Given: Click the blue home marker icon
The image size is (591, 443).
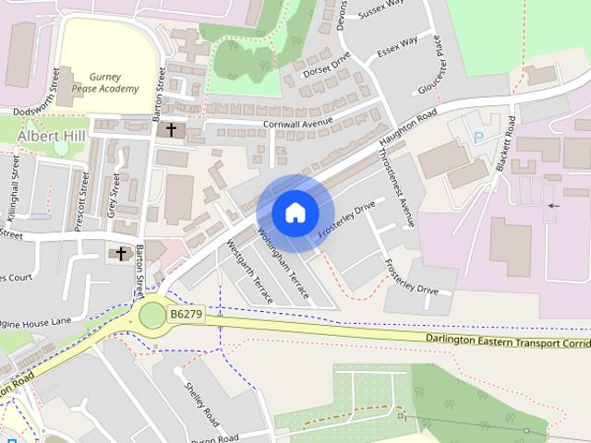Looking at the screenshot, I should click(295, 213).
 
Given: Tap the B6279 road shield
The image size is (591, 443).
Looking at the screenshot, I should click(186, 316).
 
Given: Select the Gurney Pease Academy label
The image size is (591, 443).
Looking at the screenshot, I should click(115, 83).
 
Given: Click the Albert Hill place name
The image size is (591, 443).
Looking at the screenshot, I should click(50, 137).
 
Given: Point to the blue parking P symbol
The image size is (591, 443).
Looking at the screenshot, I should click(478, 138).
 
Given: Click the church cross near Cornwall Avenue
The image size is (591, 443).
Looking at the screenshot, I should click(171, 130).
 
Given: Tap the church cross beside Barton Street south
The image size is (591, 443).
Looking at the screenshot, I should click(121, 253).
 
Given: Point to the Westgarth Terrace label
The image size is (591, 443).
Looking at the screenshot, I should click(252, 273).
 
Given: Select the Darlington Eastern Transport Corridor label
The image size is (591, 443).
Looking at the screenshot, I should click(508, 341).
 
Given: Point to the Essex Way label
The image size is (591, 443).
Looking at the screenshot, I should click(397, 47).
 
